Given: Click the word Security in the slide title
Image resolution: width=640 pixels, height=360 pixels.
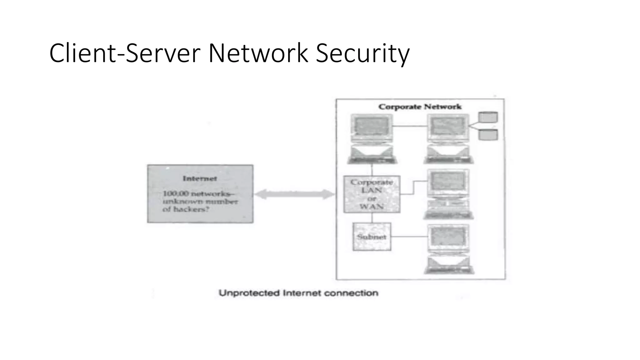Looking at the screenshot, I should pos(362,53).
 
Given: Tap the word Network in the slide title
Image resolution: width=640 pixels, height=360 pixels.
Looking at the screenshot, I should pos(258,53).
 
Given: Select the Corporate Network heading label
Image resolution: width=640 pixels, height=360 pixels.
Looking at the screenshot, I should pos(420,107).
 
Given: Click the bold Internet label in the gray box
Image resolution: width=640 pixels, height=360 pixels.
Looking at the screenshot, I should pos(200,179).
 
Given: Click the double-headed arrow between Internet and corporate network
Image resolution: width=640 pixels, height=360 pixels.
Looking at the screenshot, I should pos(294,194).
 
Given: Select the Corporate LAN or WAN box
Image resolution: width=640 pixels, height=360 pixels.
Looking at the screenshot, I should pos(372,194).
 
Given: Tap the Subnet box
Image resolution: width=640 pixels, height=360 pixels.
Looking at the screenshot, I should pos(372,237).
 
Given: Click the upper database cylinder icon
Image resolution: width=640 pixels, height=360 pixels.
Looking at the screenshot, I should pos(488,117).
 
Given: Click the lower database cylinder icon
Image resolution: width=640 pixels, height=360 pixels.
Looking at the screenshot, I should pos(488,135).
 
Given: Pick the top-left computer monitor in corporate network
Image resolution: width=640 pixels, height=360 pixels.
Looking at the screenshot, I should pos(372,128).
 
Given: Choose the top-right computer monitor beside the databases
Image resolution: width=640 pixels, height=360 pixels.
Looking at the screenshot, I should pos(448,128).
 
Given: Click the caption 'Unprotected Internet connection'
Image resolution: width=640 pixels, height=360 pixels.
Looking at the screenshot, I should pos(298,293).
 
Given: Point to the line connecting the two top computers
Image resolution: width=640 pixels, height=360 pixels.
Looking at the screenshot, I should pos(410,126).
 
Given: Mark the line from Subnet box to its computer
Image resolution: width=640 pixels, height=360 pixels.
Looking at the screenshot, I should pos(409,237).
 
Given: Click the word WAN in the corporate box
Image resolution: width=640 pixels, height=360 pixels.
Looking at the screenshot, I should pos(371,207).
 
